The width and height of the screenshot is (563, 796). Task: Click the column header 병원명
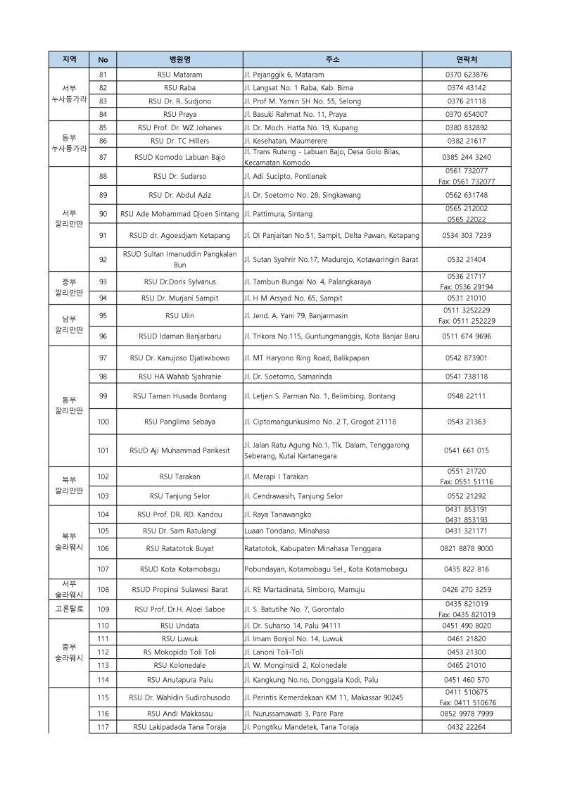point(179,59)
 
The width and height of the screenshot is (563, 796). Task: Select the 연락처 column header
point(467,59)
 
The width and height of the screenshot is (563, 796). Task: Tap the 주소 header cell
point(332,59)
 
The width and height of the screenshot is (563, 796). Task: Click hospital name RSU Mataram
point(179,75)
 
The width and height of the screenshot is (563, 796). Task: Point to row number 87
point(103,157)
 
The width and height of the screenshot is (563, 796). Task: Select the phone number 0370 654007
point(467,114)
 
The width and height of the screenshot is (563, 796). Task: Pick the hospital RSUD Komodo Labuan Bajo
point(179,157)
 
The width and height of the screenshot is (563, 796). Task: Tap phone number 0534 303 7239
point(467,235)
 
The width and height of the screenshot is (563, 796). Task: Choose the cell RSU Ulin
point(179,316)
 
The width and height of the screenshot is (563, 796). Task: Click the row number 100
point(103,422)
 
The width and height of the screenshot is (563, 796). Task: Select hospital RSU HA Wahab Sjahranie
point(179,377)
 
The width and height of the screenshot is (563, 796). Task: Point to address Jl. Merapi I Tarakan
point(279,476)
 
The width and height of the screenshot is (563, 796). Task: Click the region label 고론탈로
point(69,609)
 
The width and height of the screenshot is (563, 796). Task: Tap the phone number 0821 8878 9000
point(467,548)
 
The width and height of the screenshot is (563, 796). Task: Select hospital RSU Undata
point(179,626)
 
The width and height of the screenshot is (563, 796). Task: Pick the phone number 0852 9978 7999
point(467,714)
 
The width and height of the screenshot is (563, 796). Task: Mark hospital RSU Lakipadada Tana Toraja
point(179,727)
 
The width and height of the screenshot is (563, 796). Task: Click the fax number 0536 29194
point(467,287)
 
